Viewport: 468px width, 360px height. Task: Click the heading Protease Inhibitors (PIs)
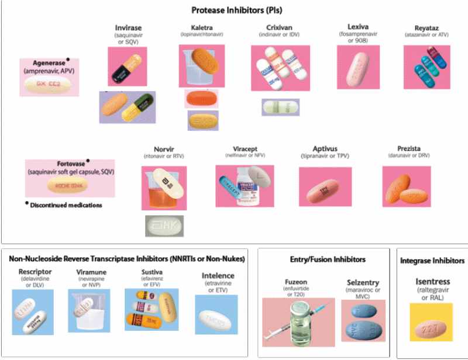click(233, 10)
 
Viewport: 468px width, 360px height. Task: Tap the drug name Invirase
click(128, 27)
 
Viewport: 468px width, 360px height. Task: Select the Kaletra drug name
click(202, 27)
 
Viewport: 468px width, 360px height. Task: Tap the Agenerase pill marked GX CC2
click(49, 85)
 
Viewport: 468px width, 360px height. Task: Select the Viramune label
click(91, 272)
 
